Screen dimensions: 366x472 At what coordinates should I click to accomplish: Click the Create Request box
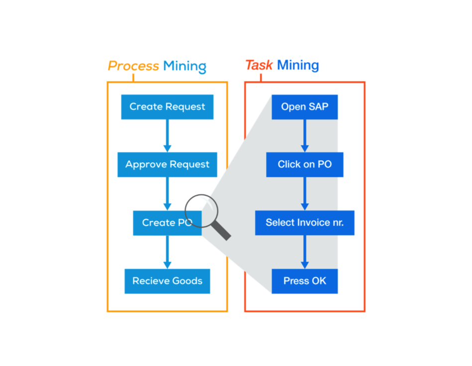167,107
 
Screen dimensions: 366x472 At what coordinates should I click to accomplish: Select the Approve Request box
167,164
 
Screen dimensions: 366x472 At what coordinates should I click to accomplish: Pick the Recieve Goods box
167,281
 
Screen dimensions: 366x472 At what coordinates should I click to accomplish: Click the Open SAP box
305,107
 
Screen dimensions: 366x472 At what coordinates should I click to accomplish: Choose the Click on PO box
305,164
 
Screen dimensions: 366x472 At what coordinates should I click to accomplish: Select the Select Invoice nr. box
305,223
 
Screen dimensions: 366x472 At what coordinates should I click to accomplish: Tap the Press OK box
305,281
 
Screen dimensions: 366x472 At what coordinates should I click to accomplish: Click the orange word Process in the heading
133,66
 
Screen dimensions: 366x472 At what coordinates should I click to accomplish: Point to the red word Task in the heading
259,65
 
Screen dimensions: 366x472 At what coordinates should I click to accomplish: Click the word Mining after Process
185,66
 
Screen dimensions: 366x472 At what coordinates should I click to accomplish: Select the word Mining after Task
298,65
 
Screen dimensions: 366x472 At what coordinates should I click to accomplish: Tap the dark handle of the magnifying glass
223,232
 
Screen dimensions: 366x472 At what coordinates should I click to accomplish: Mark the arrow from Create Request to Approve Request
167,135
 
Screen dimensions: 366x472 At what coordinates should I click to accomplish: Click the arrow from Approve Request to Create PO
167,193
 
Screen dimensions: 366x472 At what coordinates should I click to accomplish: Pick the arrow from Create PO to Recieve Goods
167,252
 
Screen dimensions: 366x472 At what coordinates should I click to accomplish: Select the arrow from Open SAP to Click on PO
305,135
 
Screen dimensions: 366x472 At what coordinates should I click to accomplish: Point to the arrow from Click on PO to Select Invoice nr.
305,193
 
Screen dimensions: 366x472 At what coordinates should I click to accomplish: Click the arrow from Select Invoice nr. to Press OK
305,252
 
